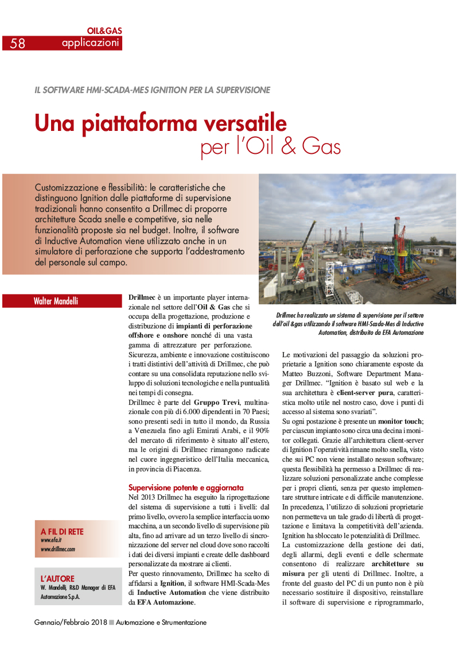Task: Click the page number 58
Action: (x=18, y=43)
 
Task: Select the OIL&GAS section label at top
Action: (x=104, y=30)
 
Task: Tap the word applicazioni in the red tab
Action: (x=91, y=43)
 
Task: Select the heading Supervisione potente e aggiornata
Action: (x=186, y=487)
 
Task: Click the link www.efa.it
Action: (x=51, y=540)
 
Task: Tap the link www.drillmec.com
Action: (x=58, y=549)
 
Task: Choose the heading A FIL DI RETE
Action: (x=62, y=532)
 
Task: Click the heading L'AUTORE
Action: (x=57, y=578)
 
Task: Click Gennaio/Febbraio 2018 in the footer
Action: (x=70, y=622)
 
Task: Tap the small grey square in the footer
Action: (x=111, y=622)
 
